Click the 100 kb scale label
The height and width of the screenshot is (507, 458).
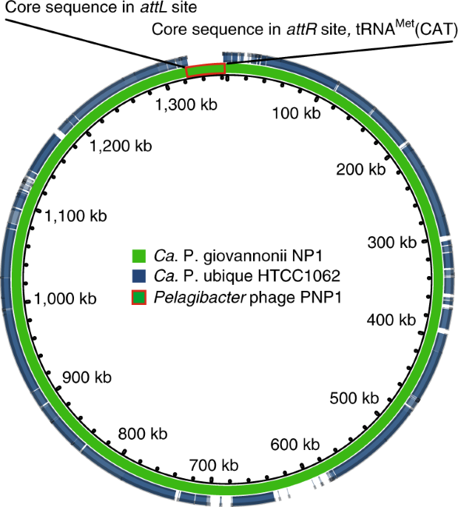[295, 113]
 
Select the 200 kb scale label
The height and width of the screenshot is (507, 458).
[361, 169]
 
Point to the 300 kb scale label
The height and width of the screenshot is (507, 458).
[392, 243]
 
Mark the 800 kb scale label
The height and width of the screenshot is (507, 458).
[142, 433]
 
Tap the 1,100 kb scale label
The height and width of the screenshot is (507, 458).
[75, 216]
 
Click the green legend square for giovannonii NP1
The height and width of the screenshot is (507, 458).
[135, 258]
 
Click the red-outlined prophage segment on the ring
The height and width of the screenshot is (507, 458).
[205, 70]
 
